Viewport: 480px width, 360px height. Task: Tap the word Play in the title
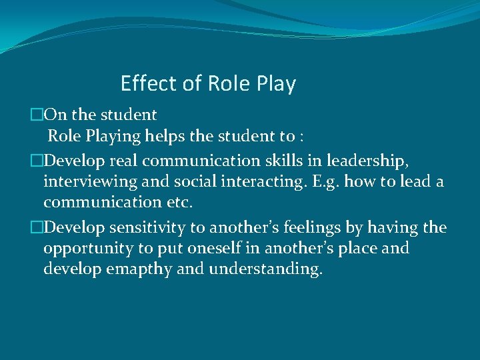click(275, 84)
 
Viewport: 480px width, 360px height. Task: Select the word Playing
click(113, 137)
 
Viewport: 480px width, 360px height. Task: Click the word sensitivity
click(147, 228)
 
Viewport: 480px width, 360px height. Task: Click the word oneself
click(229, 249)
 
